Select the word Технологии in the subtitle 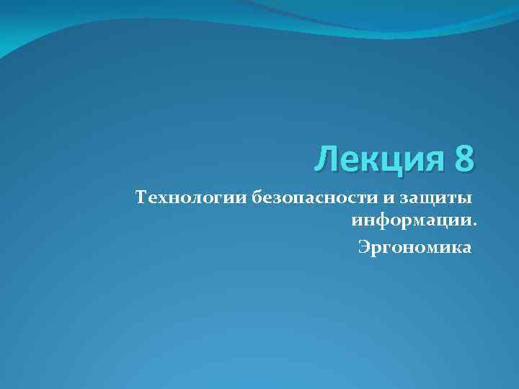(192, 197)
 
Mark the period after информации (474, 222)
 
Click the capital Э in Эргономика (364, 249)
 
